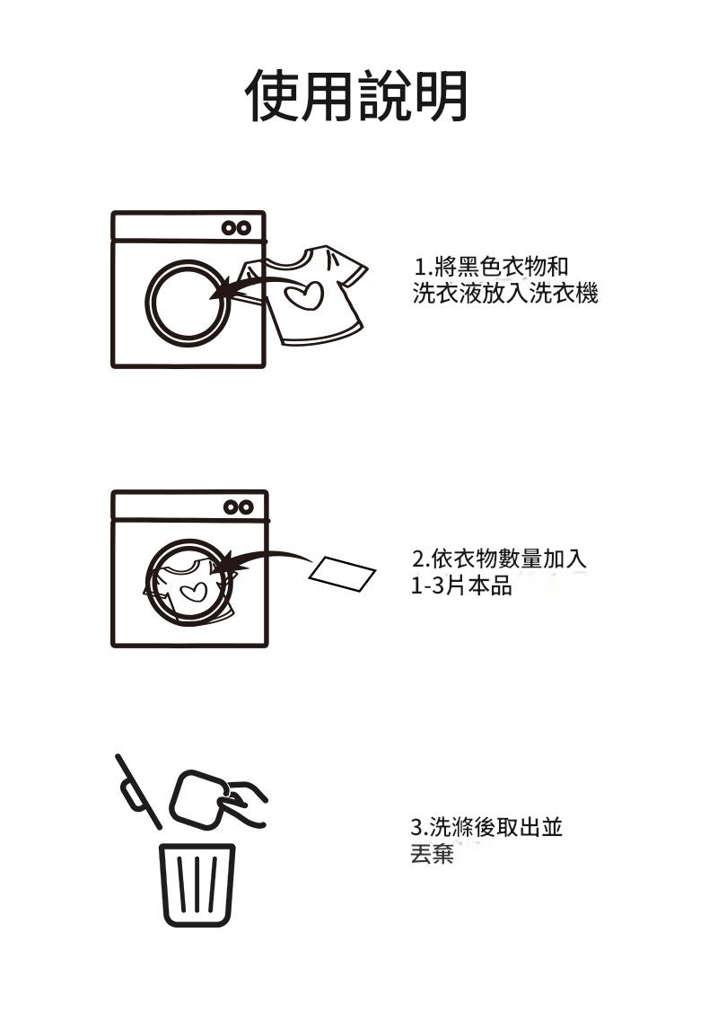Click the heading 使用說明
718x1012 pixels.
(357, 95)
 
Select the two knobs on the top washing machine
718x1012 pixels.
(237, 228)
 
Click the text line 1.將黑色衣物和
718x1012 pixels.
(491, 266)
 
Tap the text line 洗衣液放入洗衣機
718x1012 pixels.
(505, 293)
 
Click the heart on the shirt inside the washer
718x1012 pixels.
(193, 591)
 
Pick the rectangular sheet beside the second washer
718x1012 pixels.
(343, 575)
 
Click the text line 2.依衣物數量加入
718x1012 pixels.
(499, 559)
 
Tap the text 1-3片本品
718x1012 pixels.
(461, 586)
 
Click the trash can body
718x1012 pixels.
(197, 884)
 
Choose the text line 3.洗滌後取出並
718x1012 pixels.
(486, 827)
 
